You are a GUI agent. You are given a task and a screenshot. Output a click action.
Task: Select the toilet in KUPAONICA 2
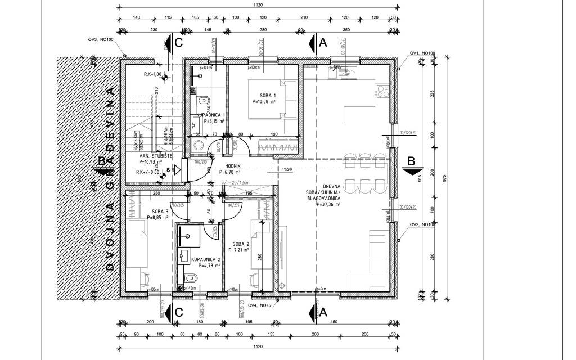tap(190, 277)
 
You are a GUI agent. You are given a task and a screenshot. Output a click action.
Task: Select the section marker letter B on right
tap(411, 161)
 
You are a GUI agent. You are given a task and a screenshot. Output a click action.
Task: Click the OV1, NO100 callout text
tap(422, 53)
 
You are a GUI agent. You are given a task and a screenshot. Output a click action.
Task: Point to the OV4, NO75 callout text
tap(260, 306)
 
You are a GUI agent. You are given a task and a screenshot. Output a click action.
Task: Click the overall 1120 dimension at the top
tap(258, 5)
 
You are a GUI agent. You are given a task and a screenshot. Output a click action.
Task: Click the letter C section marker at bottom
tap(178, 312)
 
